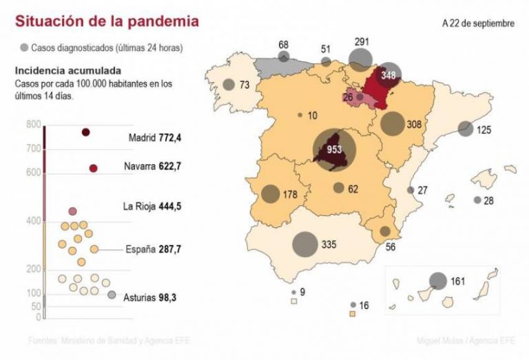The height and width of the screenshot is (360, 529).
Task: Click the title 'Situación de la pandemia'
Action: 107,21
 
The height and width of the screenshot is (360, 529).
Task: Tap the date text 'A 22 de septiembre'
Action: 478,23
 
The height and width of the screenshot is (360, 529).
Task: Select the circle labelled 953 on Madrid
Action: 335,149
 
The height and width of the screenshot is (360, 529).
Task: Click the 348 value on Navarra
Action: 388,76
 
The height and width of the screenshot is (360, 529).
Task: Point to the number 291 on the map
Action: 362,42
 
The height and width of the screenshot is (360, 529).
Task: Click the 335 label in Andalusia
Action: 327,244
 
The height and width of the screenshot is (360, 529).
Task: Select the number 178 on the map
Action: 289,195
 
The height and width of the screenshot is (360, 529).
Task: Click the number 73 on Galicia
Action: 244,85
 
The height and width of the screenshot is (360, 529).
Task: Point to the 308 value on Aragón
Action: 414,125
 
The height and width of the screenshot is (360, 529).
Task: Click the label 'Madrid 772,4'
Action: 159,138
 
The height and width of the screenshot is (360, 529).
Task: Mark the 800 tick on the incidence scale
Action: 34,125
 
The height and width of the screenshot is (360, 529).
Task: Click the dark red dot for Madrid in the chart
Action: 86,132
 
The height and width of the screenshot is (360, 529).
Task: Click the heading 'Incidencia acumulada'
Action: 68,71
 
